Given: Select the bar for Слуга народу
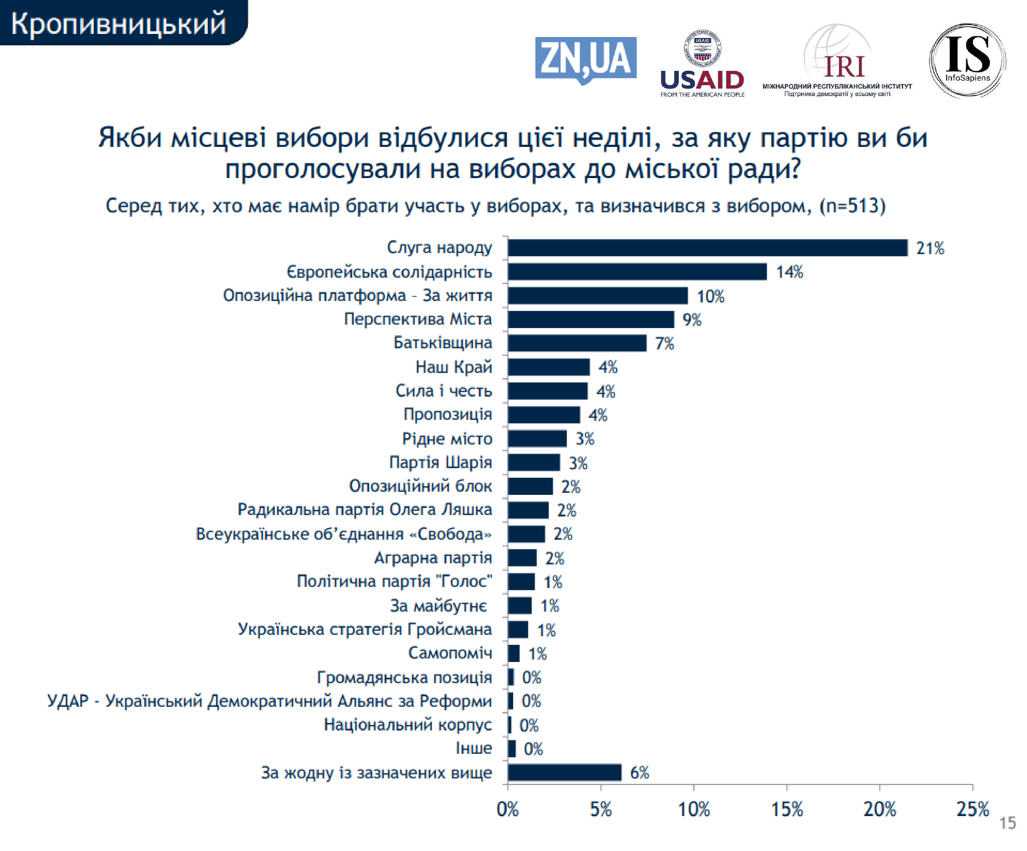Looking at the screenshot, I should click(x=707, y=248).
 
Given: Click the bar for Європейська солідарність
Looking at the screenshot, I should click(x=637, y=272).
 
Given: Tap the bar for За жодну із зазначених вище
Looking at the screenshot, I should click(x=565, y=773).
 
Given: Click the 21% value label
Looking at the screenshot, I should click(x=930, y=248).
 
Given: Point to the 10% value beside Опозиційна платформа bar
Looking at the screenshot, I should click(x=710, y=296).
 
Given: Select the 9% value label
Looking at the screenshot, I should click(x=692, y=320).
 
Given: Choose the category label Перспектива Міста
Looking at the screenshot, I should click(x=418, y=319).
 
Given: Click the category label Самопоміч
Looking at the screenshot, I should click(x=450, y=653).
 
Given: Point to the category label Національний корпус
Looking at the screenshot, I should click(x=407, y=724).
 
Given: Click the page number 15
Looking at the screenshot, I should click(x=1007, y=823).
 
